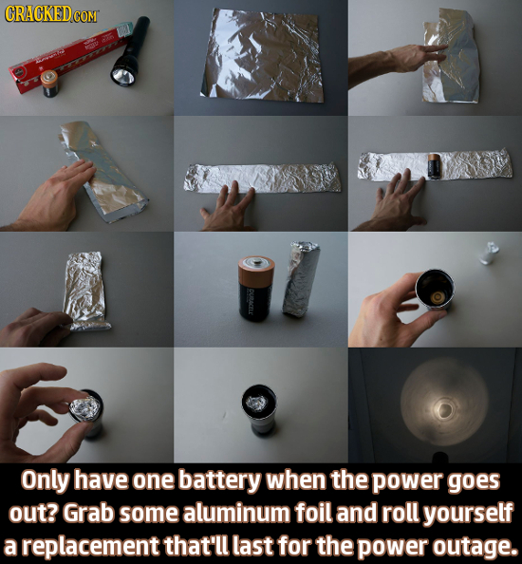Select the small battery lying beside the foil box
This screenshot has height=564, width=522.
coord(48,86)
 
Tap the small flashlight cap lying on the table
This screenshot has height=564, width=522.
coord(490,252)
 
